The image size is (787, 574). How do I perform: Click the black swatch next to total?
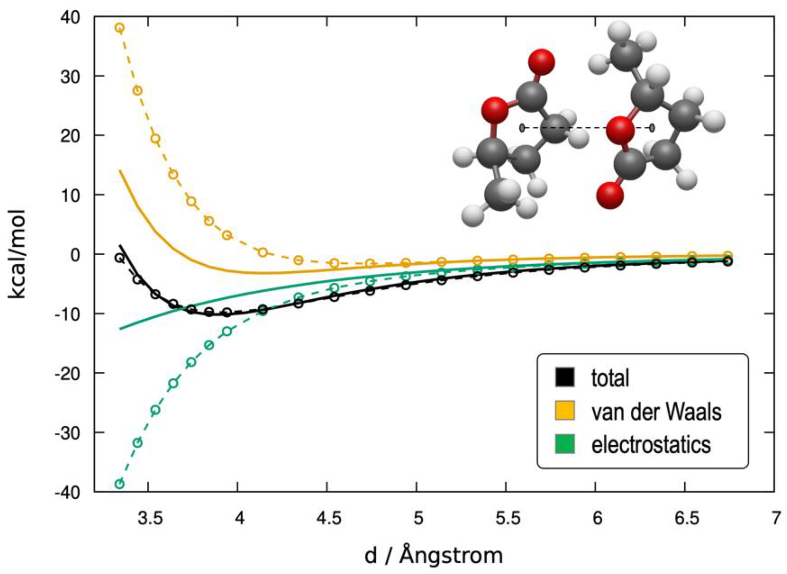565,377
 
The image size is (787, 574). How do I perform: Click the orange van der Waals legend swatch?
565,411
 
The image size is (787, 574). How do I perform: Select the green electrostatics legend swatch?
565,444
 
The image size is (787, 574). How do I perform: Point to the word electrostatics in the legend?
651,444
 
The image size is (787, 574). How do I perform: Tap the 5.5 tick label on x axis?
508,519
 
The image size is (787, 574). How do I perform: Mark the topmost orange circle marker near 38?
119,28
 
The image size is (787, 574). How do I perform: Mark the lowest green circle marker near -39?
119,484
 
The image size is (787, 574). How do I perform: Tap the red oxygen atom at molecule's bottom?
610,196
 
